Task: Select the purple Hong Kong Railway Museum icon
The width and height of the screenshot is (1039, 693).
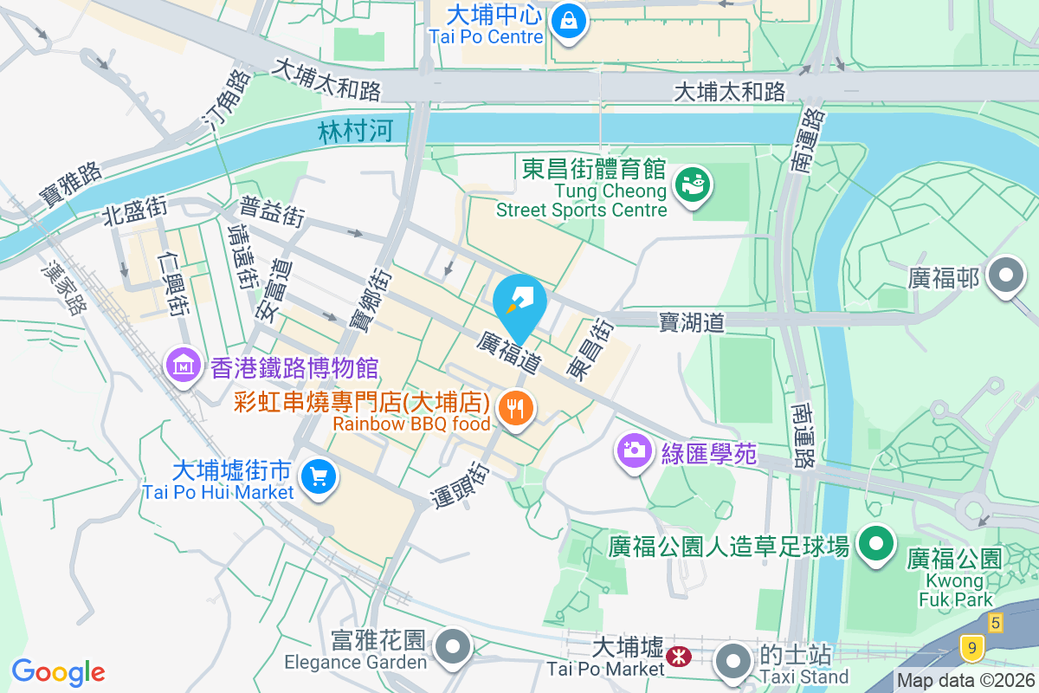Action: point(184,365)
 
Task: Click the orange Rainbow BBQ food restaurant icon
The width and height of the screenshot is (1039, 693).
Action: point(516,408)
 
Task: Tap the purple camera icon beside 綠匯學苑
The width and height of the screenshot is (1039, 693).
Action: point(634,450)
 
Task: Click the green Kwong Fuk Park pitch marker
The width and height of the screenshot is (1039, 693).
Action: point(875,545)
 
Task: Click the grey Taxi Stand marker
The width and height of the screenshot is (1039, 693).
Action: point(734,661)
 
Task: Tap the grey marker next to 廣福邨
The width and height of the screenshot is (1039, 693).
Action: point(1006,276)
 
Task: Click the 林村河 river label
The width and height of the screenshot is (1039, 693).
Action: point(356,132)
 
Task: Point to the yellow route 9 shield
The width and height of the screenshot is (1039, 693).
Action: point(974,646)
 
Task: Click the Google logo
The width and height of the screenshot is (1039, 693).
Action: point(58,671)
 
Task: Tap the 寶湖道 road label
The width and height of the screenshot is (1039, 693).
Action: point(691,322)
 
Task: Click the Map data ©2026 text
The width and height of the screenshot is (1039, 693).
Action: point(965,682)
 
